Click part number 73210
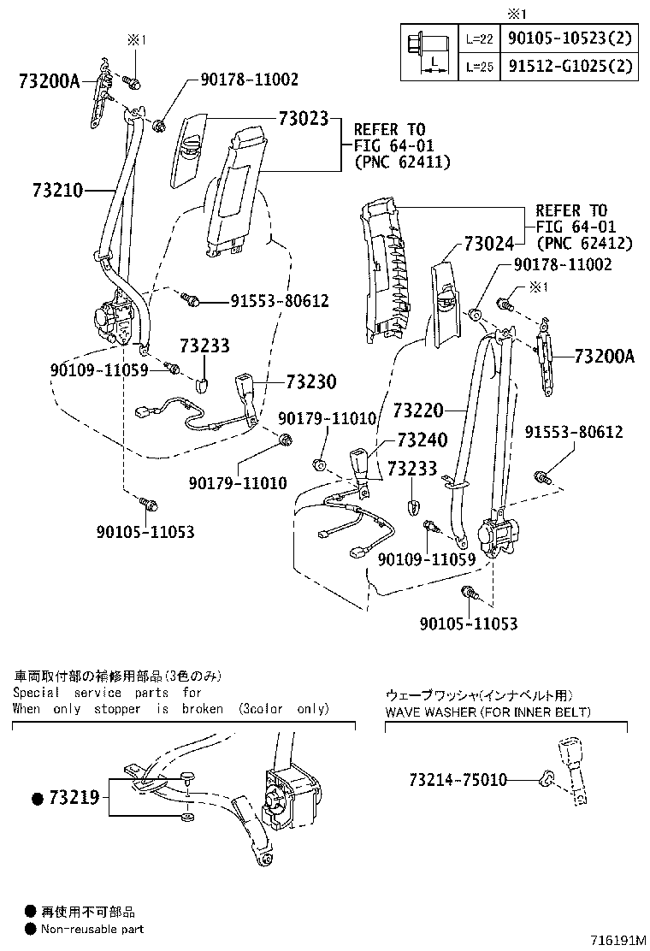click(x=57, y=190)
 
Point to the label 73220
click(x=418, y=411)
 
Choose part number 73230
click(x=311, y=381)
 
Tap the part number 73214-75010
click(x=458, y=780)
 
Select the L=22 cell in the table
click(x=479, y=39)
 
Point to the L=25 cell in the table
click(x=479, y=65)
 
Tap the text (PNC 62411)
click(x=402, y=161)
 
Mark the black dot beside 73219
click(x=37, y=799)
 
